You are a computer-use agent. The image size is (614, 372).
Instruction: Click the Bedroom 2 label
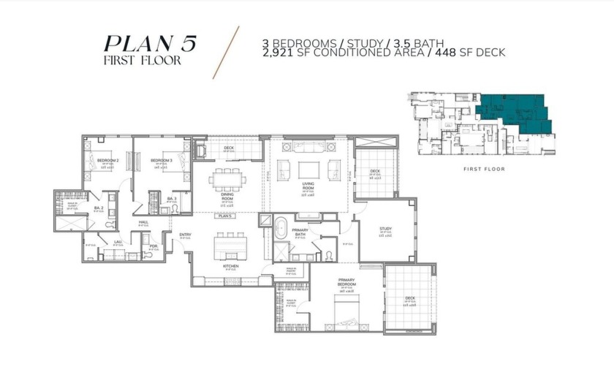tap(107, 160)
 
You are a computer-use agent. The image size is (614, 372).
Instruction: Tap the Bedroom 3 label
tap(161, 160)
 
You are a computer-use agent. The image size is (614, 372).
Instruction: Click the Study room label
tap(385, 229)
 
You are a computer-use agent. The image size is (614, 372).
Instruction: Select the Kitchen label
tap(231, 266)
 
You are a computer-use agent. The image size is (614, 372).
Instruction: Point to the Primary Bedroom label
tap(346, 281)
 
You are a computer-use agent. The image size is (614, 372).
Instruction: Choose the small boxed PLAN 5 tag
tap(224, 216)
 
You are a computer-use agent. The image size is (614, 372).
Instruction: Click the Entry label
tap(186, 235)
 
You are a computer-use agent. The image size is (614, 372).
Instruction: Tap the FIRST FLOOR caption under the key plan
tap(484, 169)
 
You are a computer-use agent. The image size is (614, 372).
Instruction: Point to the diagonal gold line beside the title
tap(225, 53)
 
